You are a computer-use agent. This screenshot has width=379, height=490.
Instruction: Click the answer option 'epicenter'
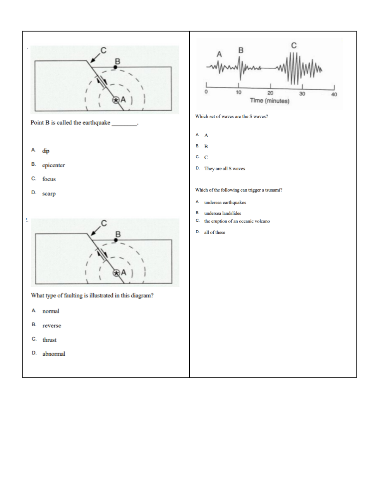coord(53,165)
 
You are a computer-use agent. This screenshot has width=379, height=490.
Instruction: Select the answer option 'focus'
coord(49,179)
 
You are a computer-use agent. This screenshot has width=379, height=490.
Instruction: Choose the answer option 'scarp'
coord(49,194)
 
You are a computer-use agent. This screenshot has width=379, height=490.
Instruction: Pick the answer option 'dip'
coord(46,151)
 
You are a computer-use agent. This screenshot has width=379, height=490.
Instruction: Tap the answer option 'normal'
coord(51,311)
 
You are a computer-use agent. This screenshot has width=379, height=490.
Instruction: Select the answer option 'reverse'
coord(51,326)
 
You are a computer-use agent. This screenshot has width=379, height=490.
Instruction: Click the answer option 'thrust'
coord(49,340)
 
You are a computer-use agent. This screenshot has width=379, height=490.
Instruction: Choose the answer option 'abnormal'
coord(53,354)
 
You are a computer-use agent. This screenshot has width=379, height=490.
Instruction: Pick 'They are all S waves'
coord(225,169)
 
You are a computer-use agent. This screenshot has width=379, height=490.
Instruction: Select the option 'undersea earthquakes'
coord(225,202)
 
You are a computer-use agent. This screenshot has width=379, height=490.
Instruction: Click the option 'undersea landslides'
coord(223,213)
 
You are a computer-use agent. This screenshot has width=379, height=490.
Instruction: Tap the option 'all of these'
coord(214,233)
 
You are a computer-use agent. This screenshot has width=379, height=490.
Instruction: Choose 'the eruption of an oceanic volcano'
coord(237,221)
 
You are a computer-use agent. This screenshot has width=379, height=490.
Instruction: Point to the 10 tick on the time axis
coord(238,93)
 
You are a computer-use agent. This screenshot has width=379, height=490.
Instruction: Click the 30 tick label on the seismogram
coord(302,94)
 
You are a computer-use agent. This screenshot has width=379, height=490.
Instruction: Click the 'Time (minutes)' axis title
coord(269,101)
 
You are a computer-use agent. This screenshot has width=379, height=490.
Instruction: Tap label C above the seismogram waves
coord(294,45)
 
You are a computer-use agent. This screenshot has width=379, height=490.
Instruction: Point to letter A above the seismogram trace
coord(219,54)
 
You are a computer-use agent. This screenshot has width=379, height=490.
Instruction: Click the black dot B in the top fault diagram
coord(115,67)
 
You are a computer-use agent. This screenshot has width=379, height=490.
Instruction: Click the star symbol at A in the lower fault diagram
coord(116,273)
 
